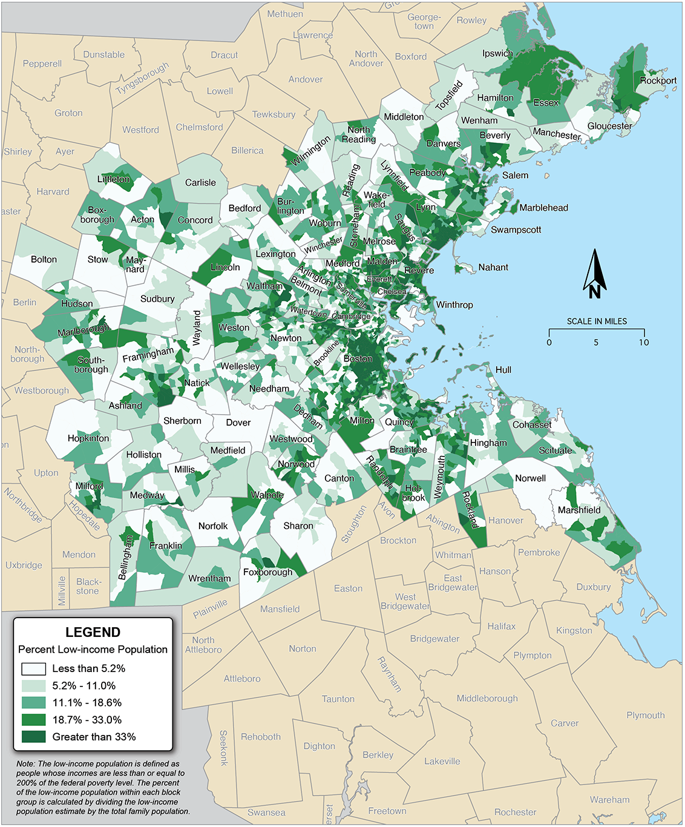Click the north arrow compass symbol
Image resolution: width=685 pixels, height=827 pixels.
tap(595, 275)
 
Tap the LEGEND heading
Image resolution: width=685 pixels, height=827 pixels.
tap(93, 632)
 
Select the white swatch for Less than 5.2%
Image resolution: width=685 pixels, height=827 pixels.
tap(33, 669)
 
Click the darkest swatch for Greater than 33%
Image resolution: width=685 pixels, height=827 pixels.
tap(33, 737)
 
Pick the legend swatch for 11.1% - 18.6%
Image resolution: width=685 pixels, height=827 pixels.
tap(33, 703)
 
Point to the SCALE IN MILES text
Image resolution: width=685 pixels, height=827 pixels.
tap(597, 321)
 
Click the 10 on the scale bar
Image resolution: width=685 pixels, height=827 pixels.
tap(644, 343)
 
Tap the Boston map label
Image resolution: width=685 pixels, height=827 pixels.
tap(358, 359)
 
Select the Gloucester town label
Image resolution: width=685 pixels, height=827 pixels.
tap(609, 126)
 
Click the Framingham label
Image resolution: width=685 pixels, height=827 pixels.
tap(148, 355)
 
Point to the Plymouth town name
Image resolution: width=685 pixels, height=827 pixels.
tap(645, 716)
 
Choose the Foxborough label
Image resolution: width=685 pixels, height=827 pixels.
tap(267, 572)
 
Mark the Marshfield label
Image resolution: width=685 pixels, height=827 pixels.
tap(579, 510)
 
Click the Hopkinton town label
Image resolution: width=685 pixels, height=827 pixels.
tap(88, 438)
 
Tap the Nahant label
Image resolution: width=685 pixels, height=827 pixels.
tap(493, 267)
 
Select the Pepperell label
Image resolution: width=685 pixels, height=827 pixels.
tap(42, 64)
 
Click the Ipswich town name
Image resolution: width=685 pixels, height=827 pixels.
tap(497, 53)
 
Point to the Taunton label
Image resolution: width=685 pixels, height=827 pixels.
tap(338, 699)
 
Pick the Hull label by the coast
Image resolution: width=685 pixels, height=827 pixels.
tap(503, 370)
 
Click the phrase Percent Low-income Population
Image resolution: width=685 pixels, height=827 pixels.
tap(93, 650)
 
